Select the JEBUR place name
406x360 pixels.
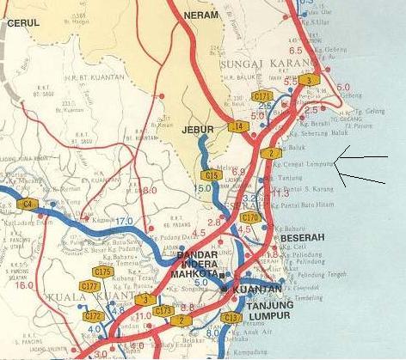point(198,130)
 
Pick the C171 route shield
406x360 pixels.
point(262,96)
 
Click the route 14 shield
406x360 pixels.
point(238,126)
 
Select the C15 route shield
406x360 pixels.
point(212,174)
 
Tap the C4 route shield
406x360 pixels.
point(28,204)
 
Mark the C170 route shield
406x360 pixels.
point(250,217)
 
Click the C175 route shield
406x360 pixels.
point(103,272)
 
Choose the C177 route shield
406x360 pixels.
point(89,285)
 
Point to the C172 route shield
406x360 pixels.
point(95,316)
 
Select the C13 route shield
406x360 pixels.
point(231,318)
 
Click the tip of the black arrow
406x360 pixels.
point(335,157)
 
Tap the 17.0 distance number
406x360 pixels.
point(125,222)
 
